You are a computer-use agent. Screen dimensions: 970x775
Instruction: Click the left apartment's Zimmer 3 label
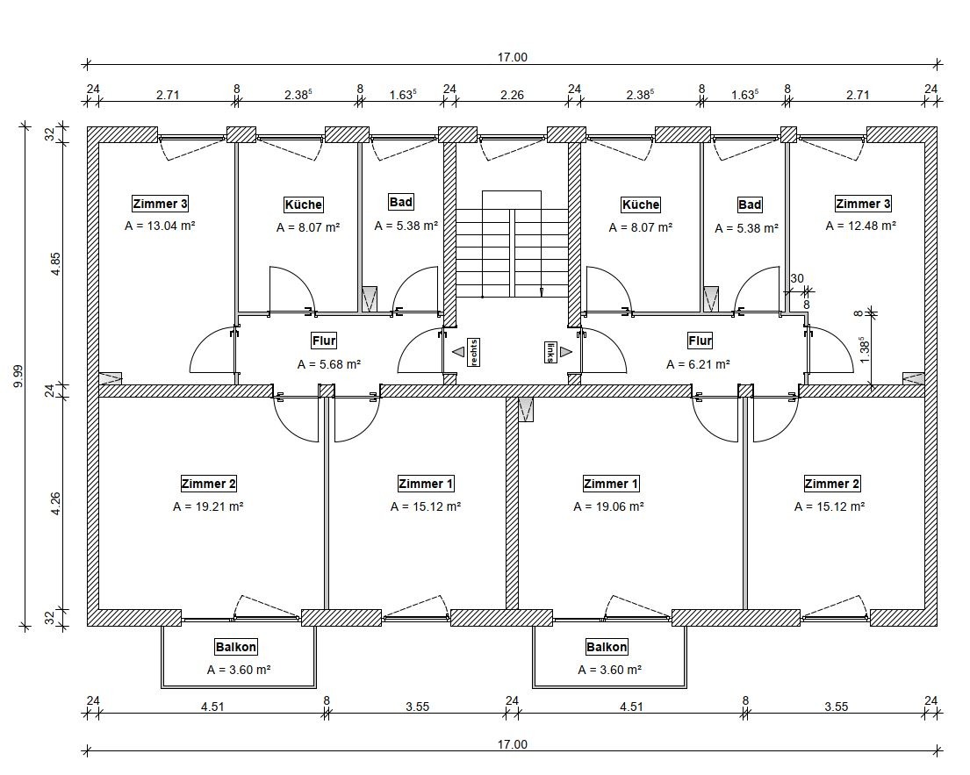(160, 205)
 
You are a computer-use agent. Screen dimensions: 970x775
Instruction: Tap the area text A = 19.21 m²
(208, 506)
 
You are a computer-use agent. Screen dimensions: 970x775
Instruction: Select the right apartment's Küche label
(640, 205)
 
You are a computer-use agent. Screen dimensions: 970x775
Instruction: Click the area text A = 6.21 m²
(698, 363)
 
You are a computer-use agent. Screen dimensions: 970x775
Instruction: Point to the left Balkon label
(236, 648)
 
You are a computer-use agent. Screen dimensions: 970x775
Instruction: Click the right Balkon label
(607, 648)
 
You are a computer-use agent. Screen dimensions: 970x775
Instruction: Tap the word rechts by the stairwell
(473, 352)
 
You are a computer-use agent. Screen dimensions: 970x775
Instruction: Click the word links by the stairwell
(550, 352)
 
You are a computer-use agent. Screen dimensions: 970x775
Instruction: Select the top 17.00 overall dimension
(513, 57)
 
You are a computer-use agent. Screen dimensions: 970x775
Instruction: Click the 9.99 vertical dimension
(19, 377)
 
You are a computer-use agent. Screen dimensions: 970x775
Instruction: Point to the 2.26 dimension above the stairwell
(513, 95)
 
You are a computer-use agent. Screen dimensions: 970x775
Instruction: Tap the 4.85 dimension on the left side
(56, 264)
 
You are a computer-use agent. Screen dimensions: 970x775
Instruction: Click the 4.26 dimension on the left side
(56, 504)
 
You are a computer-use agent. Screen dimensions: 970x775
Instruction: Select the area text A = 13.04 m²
(160, 226)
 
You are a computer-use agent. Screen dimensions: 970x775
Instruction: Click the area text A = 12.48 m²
(861, 226)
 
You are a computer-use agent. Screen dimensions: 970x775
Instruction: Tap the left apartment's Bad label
(400, 203)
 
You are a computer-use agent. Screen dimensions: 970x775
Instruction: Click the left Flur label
(324, 341)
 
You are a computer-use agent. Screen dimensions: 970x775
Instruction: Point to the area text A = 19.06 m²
(609, 506)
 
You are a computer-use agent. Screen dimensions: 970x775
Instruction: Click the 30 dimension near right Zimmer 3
(796, 279)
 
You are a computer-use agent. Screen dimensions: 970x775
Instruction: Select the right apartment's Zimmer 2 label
(832, 484)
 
